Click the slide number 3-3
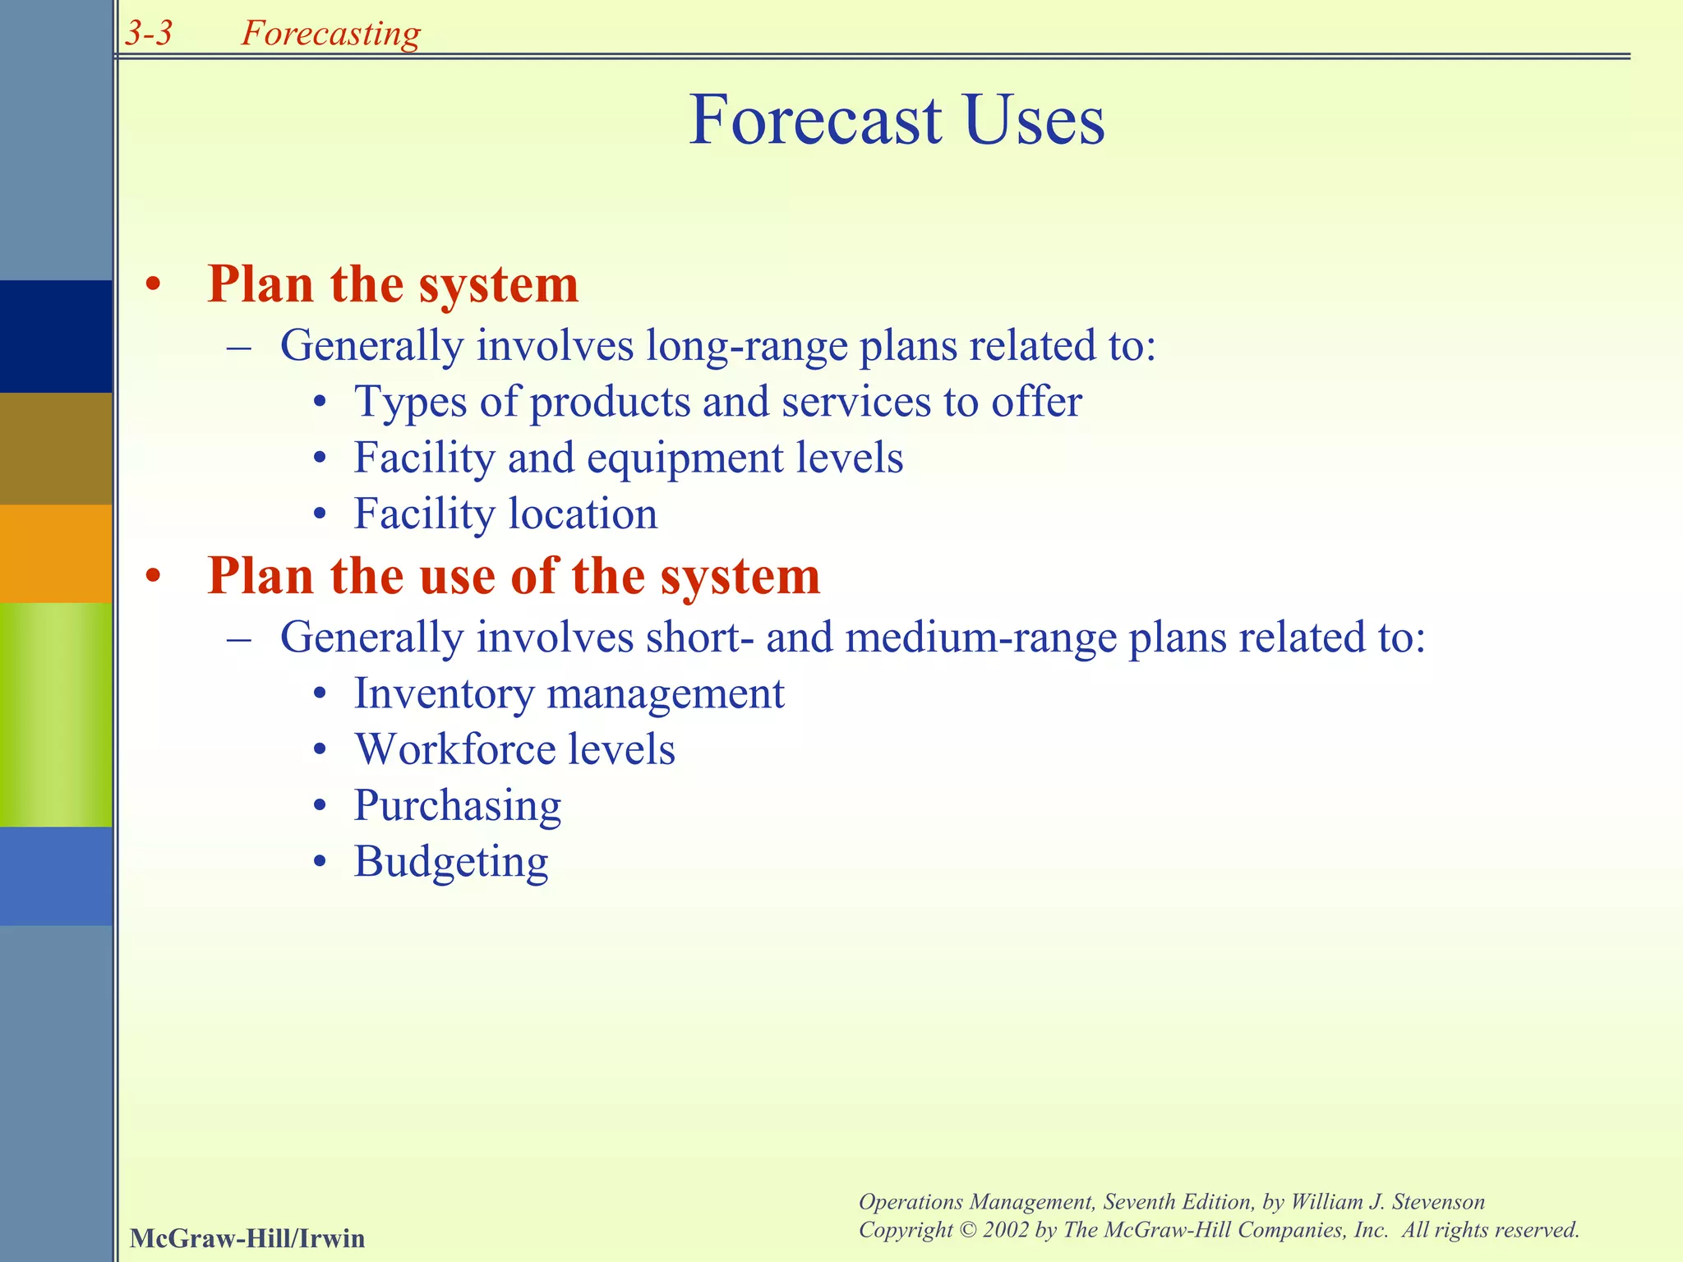click(149, 33)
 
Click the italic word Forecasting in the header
click(330, 33)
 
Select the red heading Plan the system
click(393, 284)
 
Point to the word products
click(610, 403)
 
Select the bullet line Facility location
click(505, 514)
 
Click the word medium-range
click(980, 638)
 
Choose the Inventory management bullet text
click(569, 693)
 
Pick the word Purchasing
click(457, 806)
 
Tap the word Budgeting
click(450, 862)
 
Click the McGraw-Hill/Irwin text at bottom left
click(247, 1238)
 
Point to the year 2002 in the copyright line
click(1005, 1230)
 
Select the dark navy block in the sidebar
click(56, 336)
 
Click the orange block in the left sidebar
click(56, 553)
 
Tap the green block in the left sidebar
click(56, 714)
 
